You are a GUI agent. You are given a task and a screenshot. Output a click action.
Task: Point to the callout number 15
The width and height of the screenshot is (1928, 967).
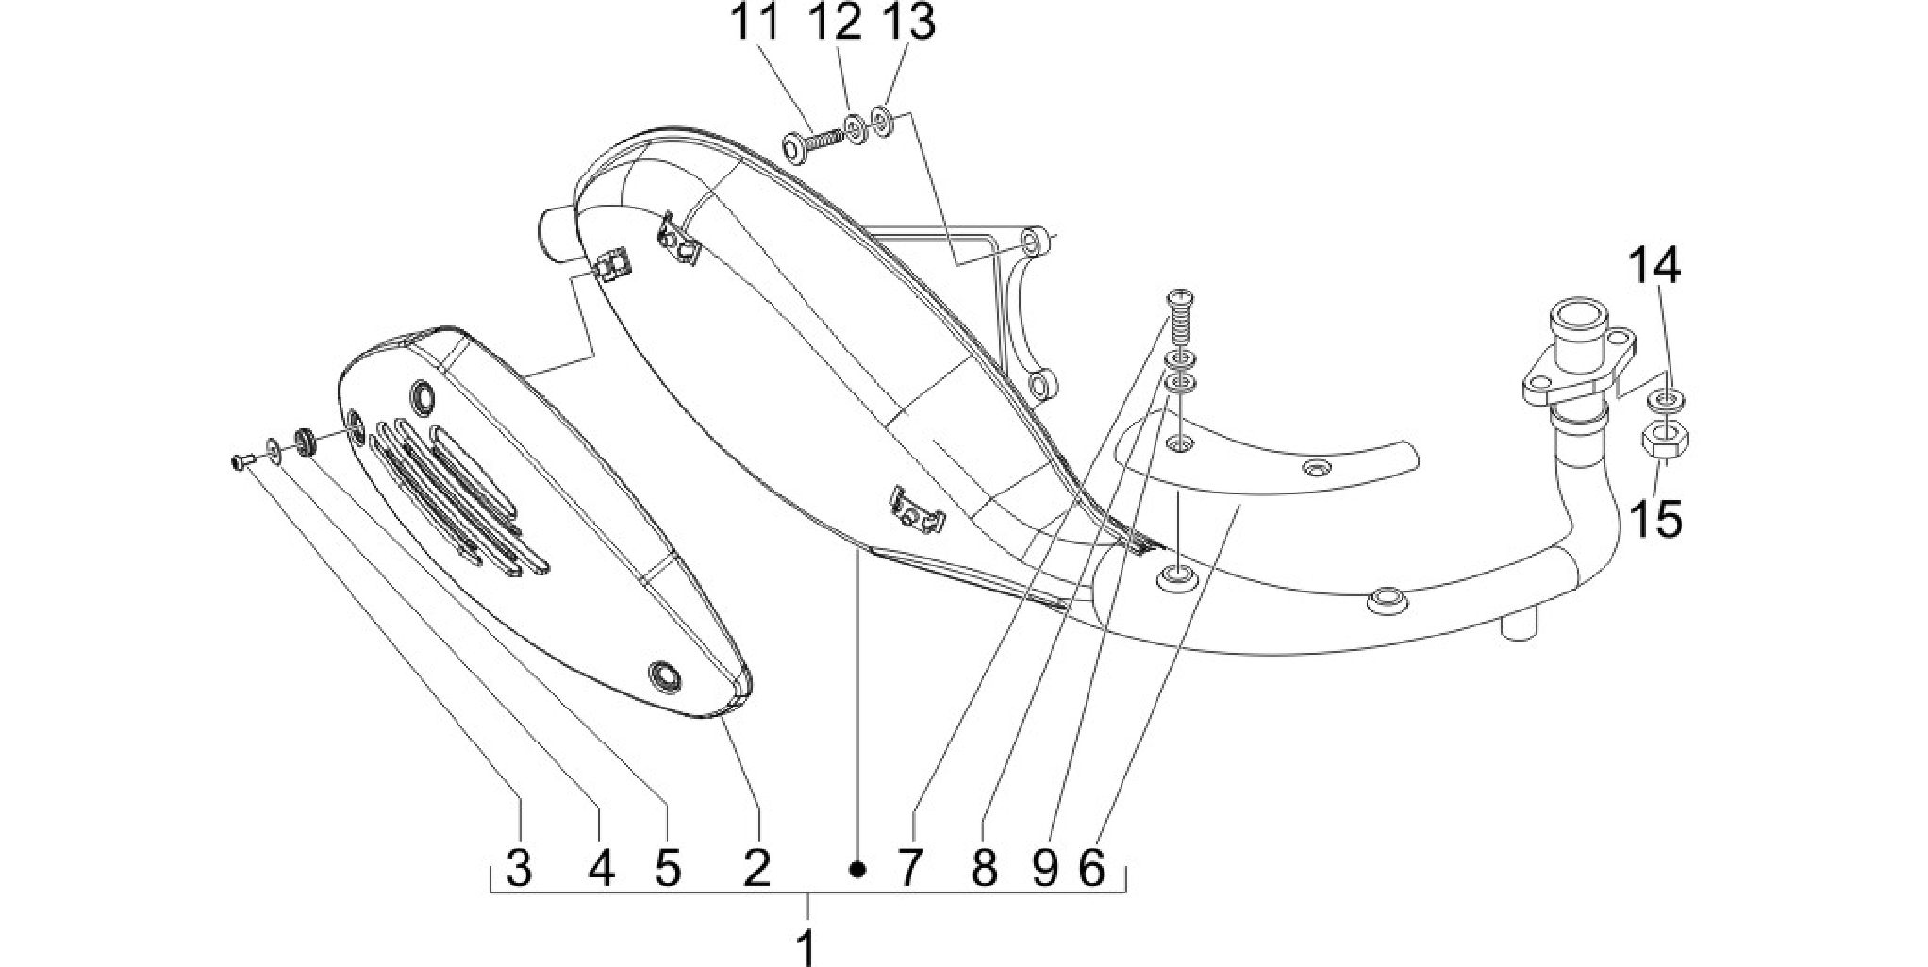(x=1657, y=519)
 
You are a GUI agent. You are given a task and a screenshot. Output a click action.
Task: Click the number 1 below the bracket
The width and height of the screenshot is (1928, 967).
(x=806, y=946)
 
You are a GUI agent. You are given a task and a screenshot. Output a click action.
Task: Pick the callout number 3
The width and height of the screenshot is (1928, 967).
(x=519, y=868)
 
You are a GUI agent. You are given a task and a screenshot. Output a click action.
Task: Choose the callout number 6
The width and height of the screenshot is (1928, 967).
(x=1091, y=868)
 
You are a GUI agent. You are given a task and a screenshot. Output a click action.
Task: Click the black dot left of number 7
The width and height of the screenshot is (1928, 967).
(x=856, y=869)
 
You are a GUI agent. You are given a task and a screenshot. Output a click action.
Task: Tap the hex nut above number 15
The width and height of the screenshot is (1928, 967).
(x=1665, y=440)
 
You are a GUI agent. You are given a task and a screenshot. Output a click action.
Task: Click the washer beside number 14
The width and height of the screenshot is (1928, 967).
(x=1665, y=401)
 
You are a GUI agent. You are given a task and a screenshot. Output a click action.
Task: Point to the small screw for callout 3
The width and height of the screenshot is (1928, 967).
(x=242, y=461)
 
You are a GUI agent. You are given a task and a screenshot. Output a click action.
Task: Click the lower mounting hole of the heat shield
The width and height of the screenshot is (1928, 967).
(x=665, y=673)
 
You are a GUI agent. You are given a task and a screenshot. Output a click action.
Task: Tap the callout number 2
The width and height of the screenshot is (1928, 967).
(x=756, y=868)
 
